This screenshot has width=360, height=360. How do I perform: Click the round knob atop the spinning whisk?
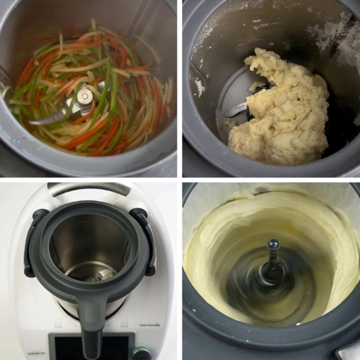click(273, 245)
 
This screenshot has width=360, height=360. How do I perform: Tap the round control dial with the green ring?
click(141, 353)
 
